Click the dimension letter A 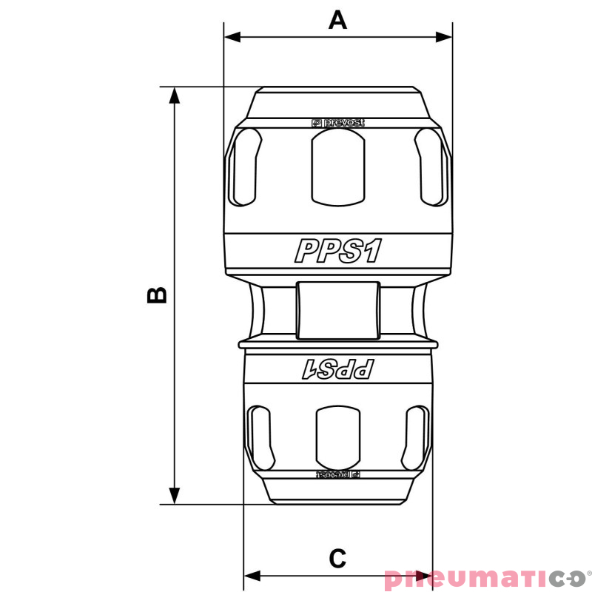(337, 19)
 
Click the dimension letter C (337, 558)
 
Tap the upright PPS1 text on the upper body (337, 251)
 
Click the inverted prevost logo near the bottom (337, 474)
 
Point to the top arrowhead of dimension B (175, 95)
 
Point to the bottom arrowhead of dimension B (175, 497)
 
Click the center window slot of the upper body (337, 168)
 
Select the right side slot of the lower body (415, 435)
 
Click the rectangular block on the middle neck (337, 309)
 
